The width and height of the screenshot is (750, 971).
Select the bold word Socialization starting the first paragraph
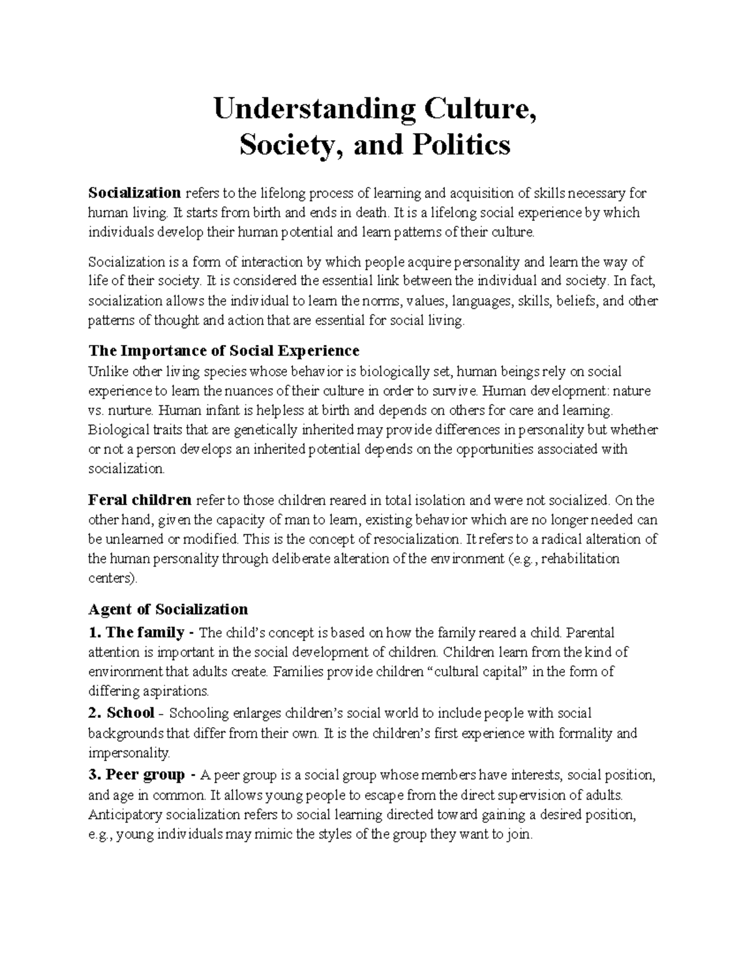coord(134,193)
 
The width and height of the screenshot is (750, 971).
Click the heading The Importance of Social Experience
coord(224,350)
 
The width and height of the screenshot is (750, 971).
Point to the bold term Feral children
coord(140,500)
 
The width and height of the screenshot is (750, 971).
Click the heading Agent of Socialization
coord(168,609)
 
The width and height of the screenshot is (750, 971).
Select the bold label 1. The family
coord(136,632)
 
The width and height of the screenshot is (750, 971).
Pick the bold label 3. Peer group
coord(136,775)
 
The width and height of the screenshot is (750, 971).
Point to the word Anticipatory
coord(124,815)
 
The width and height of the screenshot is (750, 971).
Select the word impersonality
coord(128,752)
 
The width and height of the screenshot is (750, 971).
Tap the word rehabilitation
coord(579,558)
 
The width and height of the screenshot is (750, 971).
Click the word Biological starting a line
coord(116,430)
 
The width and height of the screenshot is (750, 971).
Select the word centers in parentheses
coord(111,578)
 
